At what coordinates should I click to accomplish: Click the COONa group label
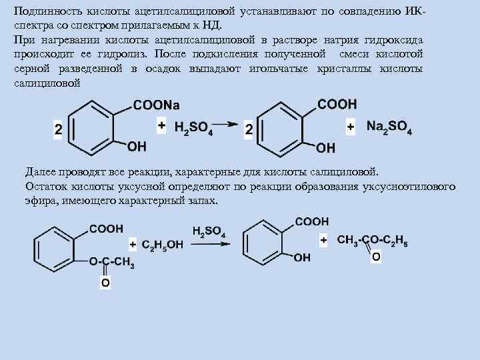(x=157, y=105)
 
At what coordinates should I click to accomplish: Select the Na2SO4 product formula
(x=389, y=127)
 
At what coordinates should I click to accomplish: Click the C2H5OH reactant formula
(x=161, y=245)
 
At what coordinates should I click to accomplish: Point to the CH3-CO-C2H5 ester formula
(x=373, y=241)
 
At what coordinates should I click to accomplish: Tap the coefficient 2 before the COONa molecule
(x=58, y=131)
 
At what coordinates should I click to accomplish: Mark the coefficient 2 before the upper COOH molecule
(x=249, y=131)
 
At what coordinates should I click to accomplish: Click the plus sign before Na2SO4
(x=351, y=125)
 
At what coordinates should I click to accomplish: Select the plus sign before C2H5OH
(x=133, y=244)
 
